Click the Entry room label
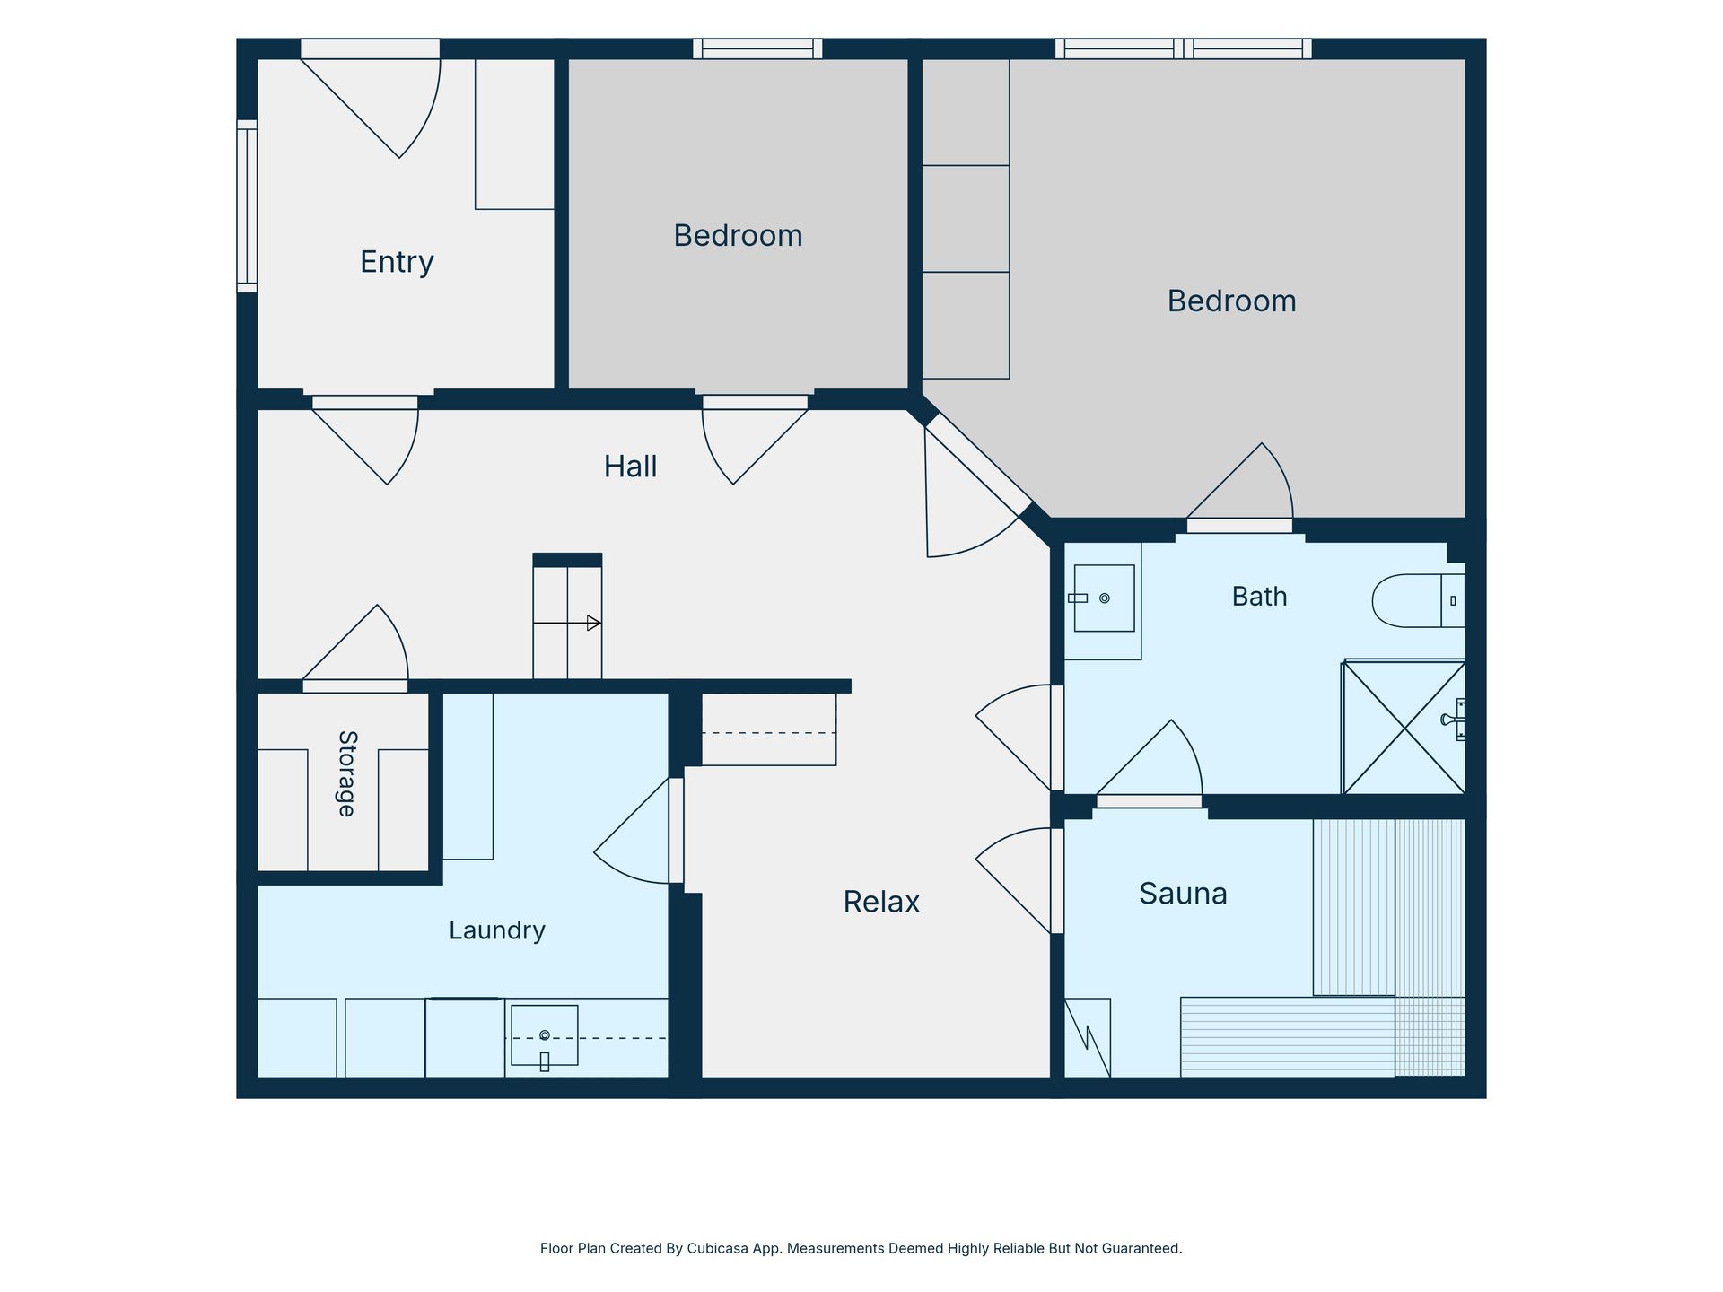pyautogui.click(x=397, y=262)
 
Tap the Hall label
pyautogui.click(x=630, y=467)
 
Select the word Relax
pyautogui.click(x=881, y=902)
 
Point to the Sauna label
pyautogui.click(x=1183, y=894)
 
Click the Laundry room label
pyautogui.click(x=497, y=930)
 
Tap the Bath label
pyautogui.click(x=1259, y=597)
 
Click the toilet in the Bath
pyautogui.click(x=1418, y=600)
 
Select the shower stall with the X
pyautogui.click(x=1404, y=728)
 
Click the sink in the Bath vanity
pyautogui.click(x=1104, y=598)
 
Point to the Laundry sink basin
pyautogui.click(x=544, y=1036)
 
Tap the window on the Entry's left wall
pyautogui.click(x=247, y=206)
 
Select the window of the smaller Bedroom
pyautogui.click(x=757, y=48)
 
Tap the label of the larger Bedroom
pyautogui.click(x=1231, y=301)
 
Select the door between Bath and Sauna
pyautogui.click(x=1149, y=763)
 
